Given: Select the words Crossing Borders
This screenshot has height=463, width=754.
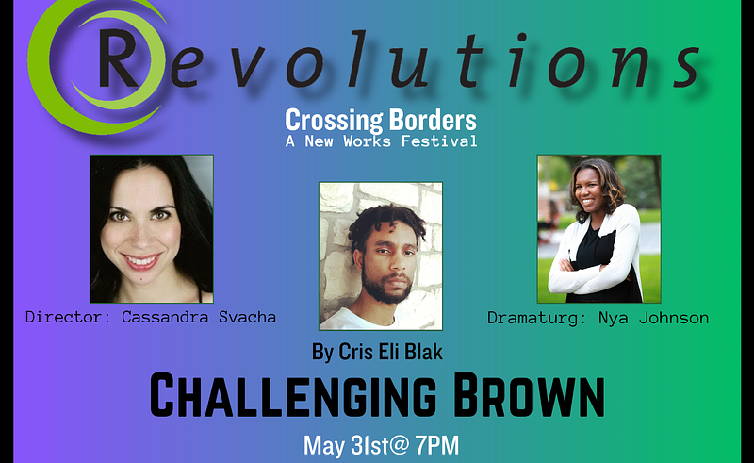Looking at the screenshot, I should tap(381, 121).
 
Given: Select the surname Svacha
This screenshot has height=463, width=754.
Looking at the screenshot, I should tap(248, 318).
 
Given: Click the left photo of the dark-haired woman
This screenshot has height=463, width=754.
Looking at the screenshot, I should tap(152, 228).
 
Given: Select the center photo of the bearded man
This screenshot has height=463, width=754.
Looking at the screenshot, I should tap(380, 256).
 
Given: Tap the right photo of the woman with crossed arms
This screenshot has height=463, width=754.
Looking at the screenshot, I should tap(598, 228).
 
